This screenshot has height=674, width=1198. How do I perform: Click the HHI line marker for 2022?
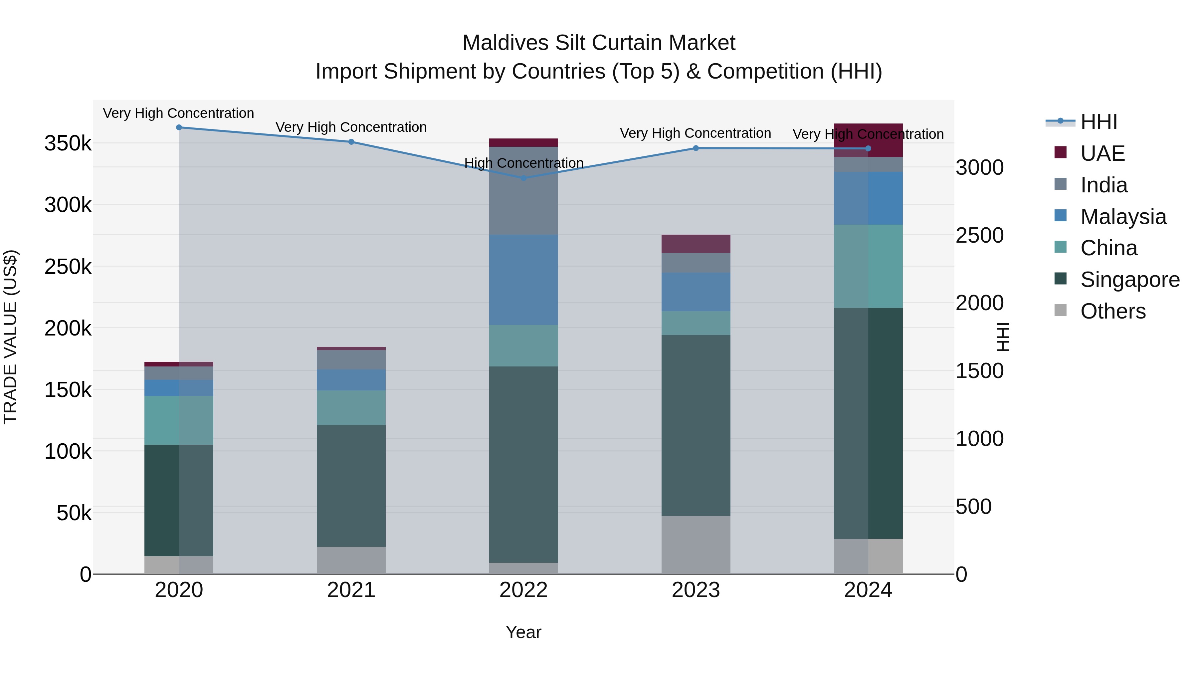(x=524, y=178)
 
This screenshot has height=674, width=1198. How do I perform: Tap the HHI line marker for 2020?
(x=179, y=127)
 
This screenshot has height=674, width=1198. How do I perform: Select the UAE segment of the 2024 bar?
(x=868, y=140)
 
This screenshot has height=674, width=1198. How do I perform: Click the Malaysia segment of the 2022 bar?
(x=524, y=280)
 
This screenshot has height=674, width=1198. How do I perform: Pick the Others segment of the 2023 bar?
(x=696, y=545)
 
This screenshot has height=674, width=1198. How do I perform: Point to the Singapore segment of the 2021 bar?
(x=351, y=486)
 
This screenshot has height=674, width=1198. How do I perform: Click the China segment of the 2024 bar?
(x=868, y=266)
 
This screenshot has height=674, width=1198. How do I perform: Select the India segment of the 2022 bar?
(x=524, y=191)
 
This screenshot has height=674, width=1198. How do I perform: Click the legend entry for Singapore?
(x=1130, y=280)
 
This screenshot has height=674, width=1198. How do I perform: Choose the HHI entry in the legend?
(x=1098, y=122)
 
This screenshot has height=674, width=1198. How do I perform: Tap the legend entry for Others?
(x=1112, y=311)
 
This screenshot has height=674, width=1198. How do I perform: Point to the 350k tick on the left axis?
(x=68, y=143)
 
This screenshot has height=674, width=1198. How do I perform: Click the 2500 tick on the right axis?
(x=979, y=235)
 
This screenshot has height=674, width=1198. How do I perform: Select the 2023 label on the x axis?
(x=696, y=590)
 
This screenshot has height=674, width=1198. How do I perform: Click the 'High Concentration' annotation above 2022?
(x=524, y=163)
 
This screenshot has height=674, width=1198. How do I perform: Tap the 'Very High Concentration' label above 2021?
(x=351, y=127)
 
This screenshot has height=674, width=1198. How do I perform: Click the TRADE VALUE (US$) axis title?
(x=11, y=337)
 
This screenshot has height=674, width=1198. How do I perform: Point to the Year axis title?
(x=524, y=632)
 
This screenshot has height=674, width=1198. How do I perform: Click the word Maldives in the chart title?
(x=506, y=43)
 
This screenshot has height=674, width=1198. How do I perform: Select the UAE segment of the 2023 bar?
(x=696, y=244)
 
